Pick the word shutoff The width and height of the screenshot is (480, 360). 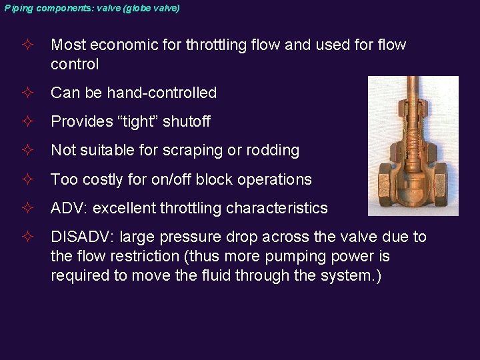click(186, 121)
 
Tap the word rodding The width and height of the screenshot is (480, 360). click(273, 151)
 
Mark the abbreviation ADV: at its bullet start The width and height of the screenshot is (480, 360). click(69, 208)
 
